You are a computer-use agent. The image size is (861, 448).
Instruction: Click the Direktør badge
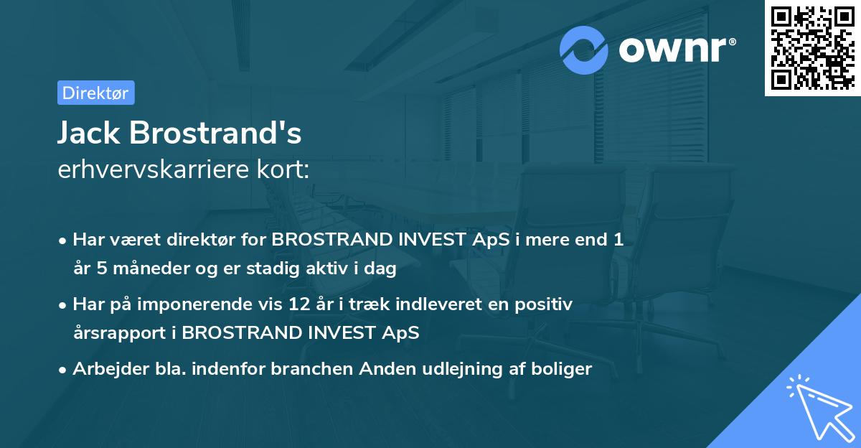95,93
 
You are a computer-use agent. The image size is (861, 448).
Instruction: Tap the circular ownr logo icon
584,50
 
